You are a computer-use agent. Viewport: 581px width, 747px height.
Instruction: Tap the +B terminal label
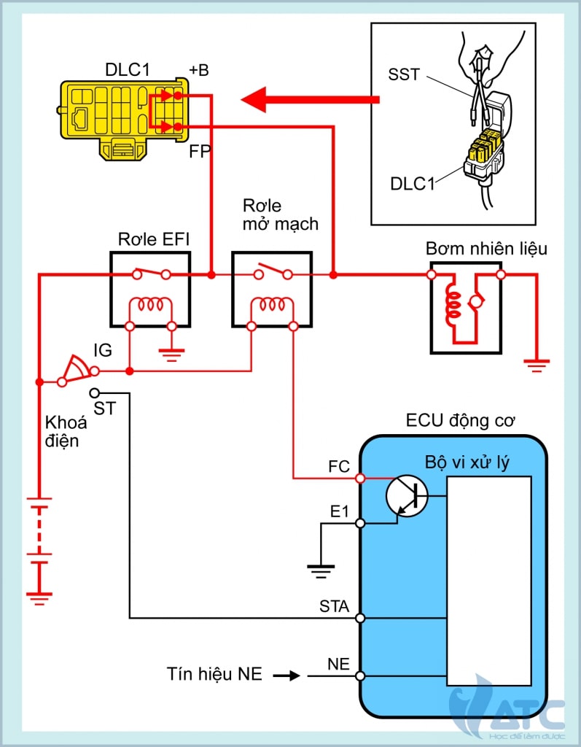click(x=198, y=71)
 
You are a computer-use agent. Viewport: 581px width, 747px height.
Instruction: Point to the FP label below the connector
click(x=199, y=152)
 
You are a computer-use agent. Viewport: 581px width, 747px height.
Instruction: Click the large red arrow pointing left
click(x=310, y=100)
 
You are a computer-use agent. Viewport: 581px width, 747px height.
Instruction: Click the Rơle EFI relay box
click(x=149, y=289)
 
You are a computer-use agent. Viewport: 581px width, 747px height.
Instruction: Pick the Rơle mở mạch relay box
click(x=272, y=289)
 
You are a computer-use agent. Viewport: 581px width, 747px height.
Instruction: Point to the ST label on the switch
click(x=104, y=408)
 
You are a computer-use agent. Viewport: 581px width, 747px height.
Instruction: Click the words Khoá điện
click(x=66, y=432)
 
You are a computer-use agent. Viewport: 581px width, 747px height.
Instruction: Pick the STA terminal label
click(x=334, y=606)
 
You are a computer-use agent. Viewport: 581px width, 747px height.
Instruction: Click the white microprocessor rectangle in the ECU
click(x=489, y=581)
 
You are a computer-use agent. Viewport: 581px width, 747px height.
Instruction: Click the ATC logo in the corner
click(x=510, y=711)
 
